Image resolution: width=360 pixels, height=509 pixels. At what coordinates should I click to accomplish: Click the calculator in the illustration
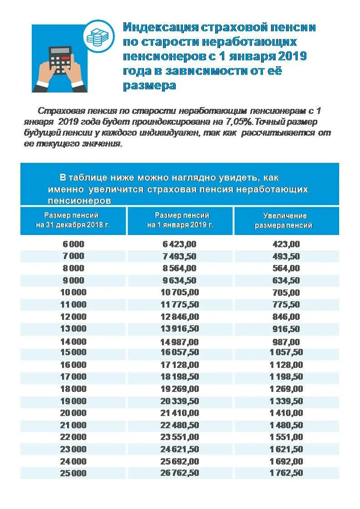click(x=60, y=60)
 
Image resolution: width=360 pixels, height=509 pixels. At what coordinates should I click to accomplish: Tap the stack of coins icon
click(x=96, y=37)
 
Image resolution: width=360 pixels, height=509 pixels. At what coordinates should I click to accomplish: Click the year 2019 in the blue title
click(x=292, y=56)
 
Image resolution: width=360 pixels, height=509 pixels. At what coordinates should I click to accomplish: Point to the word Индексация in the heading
click(x=159, y=27)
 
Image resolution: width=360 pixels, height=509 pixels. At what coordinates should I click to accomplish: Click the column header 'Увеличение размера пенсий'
click(x=285, y=220)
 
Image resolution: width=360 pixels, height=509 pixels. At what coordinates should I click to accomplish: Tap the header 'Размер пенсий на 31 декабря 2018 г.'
click(x=73, y=220)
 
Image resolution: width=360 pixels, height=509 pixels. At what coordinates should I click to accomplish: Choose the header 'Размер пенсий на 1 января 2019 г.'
click(x=180, y=220)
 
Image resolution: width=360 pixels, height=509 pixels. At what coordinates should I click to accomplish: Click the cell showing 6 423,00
click(x=180, y=244)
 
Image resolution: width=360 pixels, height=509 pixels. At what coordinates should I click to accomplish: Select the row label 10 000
click(x=73, y=292)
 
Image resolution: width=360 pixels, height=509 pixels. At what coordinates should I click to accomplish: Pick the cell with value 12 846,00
click(x=180, y=317)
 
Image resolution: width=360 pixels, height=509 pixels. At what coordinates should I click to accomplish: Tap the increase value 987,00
click(x=286, y=342)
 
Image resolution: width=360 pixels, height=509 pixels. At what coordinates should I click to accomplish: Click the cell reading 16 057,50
click(x=180, y=352)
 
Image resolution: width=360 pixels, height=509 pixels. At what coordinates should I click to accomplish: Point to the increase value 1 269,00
click(x=286, y=389)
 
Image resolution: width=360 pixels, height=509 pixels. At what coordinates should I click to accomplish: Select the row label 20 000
click(x=73, y=413)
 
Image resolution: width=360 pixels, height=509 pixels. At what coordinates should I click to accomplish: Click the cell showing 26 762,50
click(x=180, y=473)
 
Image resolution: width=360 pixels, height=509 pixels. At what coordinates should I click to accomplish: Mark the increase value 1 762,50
click(x=286, y=473)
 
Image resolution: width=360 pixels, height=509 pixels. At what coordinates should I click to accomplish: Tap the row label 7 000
click(x=73, y=256)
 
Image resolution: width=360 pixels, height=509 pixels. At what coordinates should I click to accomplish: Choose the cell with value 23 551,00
click(x=180, y=437)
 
